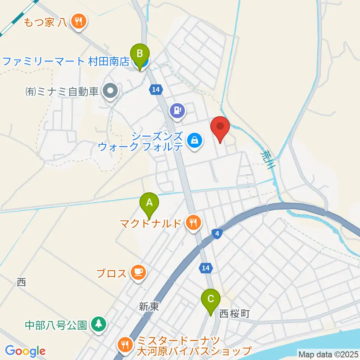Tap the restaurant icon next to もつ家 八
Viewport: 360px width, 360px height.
coord(78,21)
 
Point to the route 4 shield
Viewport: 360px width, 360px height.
coord(217,234)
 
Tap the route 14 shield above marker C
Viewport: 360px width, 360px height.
coord(205,268)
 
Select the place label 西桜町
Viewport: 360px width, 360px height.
coord(234,313)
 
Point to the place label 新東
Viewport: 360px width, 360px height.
coord(149,307)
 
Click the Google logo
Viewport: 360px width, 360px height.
coord(25,351)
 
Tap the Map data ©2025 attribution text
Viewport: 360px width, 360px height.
coord(328,354)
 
